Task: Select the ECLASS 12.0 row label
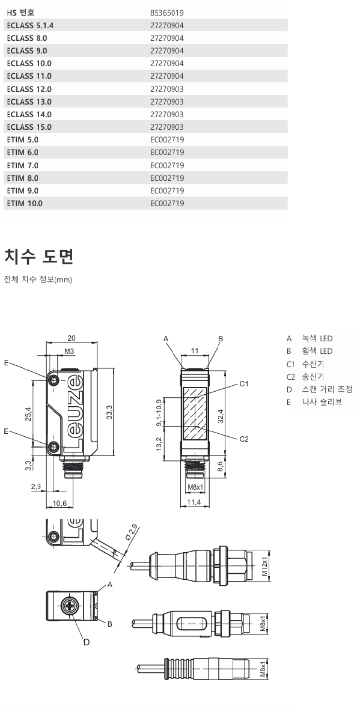[29, 89]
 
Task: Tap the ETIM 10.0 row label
[25, 204]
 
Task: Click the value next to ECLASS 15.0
[167, 127]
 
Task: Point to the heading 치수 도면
[38, 257]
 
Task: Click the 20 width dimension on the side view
[72, 338]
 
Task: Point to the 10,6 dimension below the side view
[59, 502]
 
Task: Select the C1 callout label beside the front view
[244, 383]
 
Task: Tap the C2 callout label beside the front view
[244, 439]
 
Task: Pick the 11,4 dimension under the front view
[194, 502]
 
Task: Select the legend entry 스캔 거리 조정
[327, 389]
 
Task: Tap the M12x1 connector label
[264, 565]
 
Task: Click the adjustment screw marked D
[72, 606]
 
